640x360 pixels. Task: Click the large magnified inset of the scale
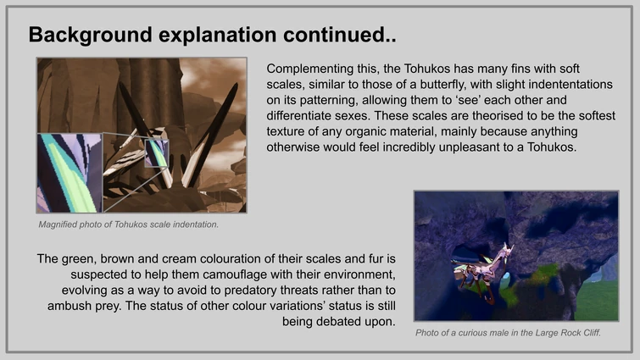(x=69, y=173)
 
